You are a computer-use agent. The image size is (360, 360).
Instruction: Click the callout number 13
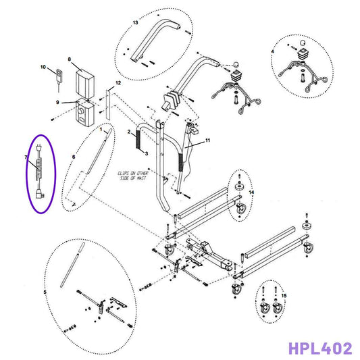point(135,23)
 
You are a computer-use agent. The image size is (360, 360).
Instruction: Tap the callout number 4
point(273,51)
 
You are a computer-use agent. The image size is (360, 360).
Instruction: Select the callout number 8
point(70,59)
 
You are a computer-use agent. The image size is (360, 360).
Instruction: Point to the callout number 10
point(43,68)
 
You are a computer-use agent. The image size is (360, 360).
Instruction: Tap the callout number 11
point(208,140)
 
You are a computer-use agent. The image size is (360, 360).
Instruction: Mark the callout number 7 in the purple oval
point(26,158)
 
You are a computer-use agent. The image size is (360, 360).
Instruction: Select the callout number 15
point(284,296)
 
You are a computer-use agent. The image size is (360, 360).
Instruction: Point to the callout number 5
point(45,292)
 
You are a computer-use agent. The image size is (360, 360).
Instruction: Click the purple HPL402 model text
point(319,349)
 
